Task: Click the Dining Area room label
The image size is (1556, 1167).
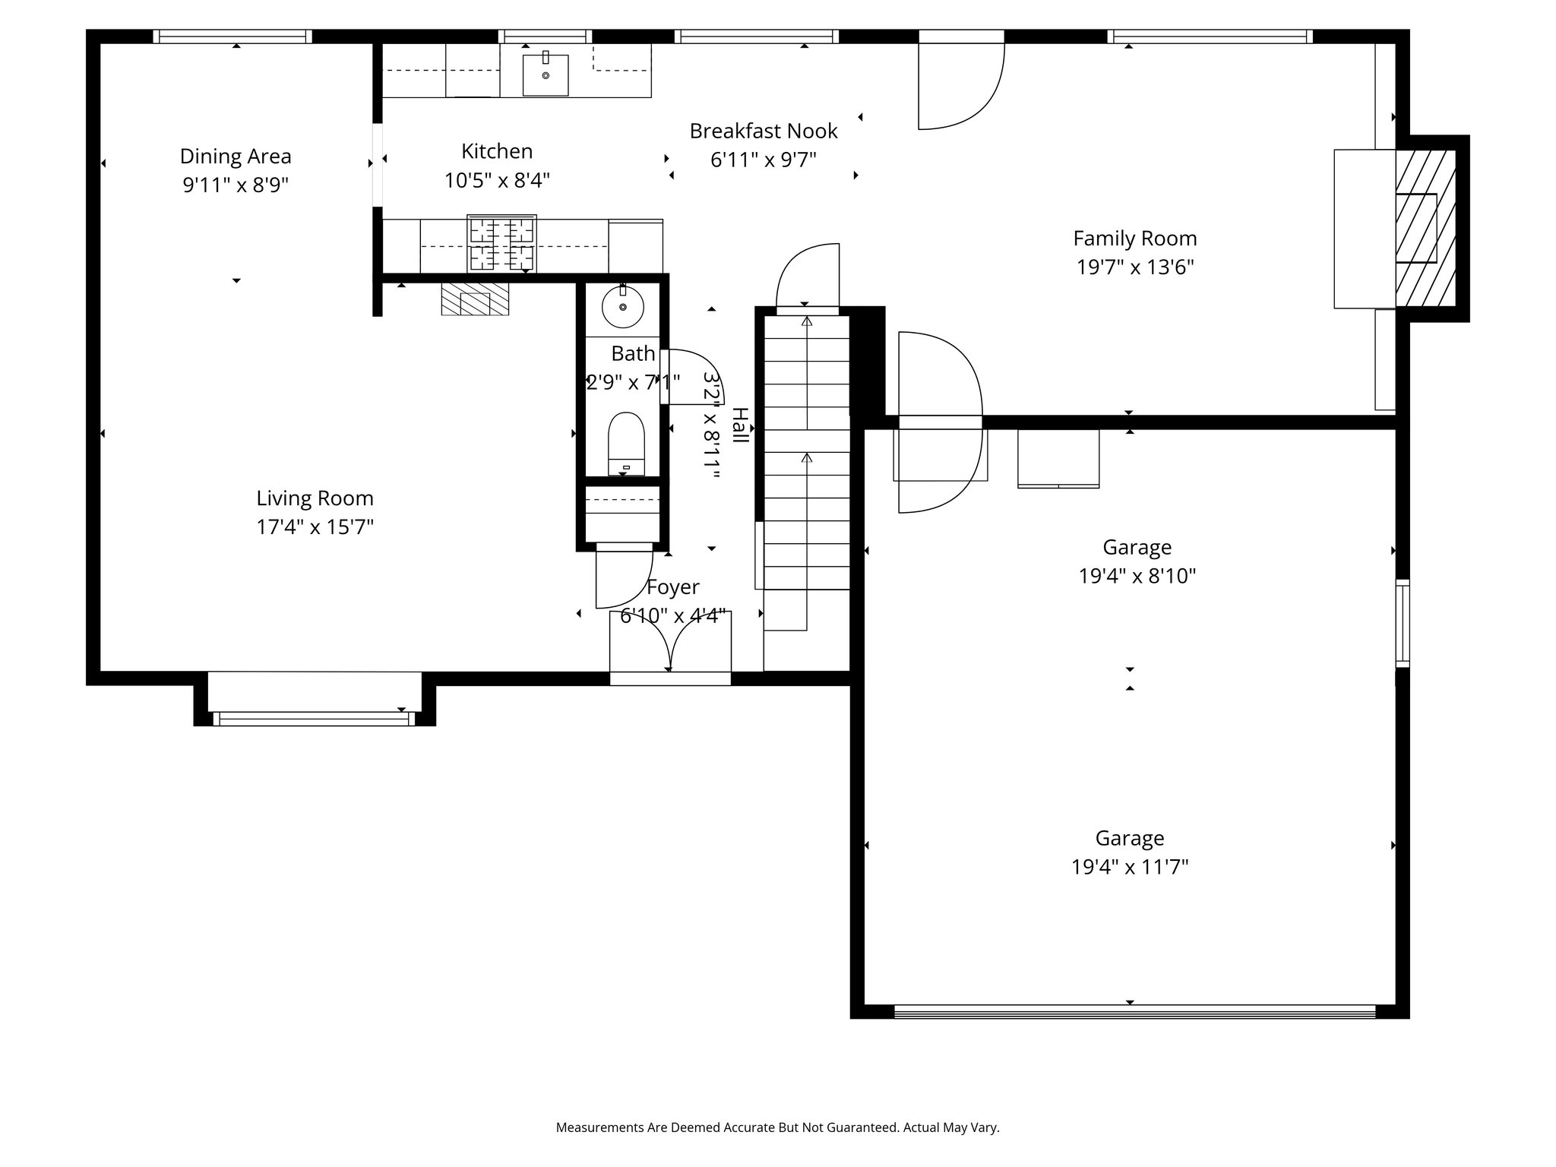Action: tap(236, 157)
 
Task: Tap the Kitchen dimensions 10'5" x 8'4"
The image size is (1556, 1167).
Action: tap(497, 181)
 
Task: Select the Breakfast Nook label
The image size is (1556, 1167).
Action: tap(764, 131)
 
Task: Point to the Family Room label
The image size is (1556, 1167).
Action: tap(1135, 239)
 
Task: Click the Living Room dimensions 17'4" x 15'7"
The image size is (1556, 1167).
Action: tap(315, 527)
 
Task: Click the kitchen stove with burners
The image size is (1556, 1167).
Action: tap(501, 243)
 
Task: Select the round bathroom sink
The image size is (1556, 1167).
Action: tap(623, 307)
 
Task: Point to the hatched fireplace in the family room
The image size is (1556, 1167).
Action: tap(1425, 228)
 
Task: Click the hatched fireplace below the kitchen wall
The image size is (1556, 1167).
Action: tap(475, 299)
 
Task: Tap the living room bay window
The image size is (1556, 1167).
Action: tap(315, 718)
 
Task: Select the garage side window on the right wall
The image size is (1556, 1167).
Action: tap(1403, 624)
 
